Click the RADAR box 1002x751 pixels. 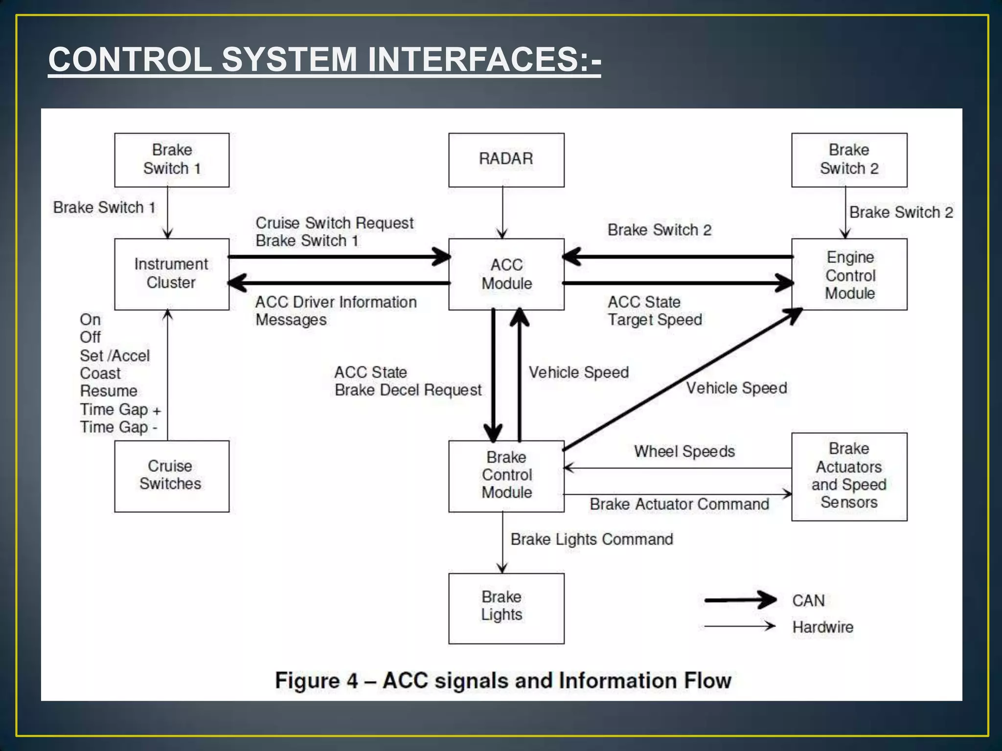506,159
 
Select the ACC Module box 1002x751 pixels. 506,274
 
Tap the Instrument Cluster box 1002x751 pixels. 171,274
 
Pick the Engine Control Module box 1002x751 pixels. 849,274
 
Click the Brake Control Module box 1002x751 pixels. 506,476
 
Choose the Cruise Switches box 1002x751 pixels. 171,476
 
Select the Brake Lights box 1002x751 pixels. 506,608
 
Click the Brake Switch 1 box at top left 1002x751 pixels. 171,159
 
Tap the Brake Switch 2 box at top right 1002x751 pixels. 849,159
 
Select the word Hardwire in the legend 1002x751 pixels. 822,627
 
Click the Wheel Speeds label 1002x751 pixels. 684,451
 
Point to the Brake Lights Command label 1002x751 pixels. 592,539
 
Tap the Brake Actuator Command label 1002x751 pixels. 679,504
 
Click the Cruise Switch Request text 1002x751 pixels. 334,223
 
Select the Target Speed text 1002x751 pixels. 655,320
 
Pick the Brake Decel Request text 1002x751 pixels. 408,390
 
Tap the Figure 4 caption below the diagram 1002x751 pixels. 502,680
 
